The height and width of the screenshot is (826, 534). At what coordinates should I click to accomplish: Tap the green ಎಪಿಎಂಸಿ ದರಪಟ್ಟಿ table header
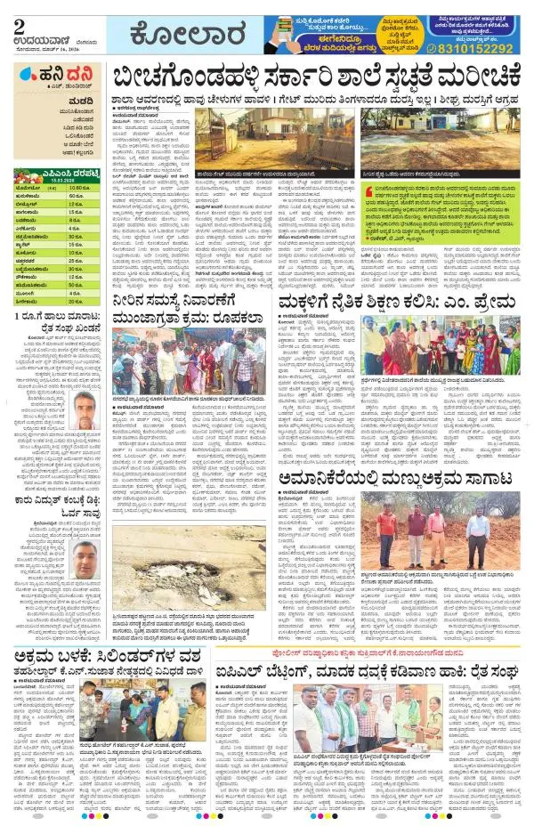click(53, 175)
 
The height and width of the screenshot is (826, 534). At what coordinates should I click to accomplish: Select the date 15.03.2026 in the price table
click(53, 184)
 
